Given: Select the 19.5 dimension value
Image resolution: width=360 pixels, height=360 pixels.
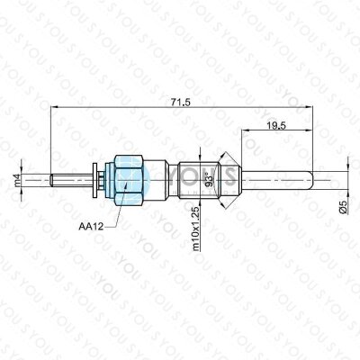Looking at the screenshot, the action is [276, 126].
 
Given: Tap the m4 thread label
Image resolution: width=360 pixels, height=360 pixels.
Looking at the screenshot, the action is [16, 180].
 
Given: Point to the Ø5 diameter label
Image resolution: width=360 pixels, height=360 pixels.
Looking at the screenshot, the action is [343, 207].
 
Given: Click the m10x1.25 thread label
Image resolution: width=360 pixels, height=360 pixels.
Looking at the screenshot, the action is [196, 229].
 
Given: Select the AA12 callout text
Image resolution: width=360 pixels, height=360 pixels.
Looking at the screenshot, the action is [91, 227].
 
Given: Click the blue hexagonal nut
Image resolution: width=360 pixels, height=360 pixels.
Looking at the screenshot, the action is [129, 180].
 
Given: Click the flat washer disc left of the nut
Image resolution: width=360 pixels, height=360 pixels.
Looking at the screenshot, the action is [95, 180].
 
